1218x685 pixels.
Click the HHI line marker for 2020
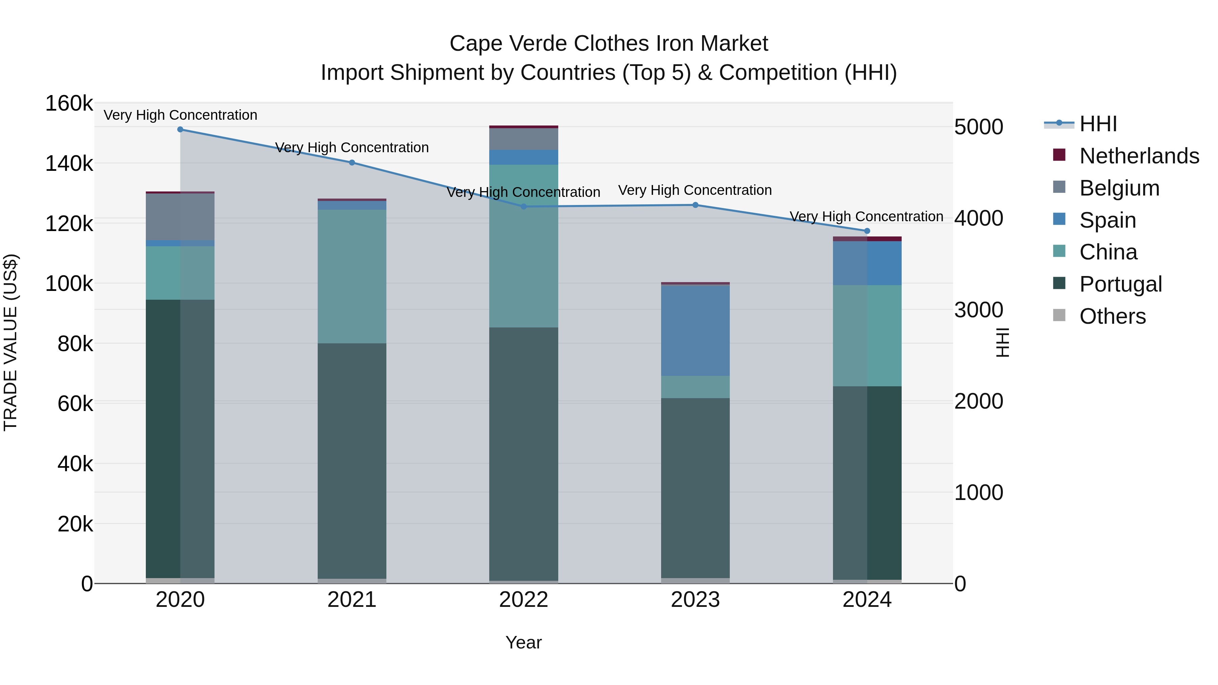(180, 130)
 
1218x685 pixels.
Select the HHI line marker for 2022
(523, 207)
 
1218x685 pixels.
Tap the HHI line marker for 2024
(867, 231)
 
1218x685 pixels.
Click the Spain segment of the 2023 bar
(695, 330)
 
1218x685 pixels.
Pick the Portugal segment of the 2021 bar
(352, 461)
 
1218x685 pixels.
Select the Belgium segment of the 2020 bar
(180, 216)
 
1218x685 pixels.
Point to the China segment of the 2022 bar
(523, 246)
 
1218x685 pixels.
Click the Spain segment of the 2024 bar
(867, 263)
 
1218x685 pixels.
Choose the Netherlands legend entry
(1139, 156)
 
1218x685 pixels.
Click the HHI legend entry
(1098, 124)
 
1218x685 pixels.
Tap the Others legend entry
(1112, 316)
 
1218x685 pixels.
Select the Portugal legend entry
(1120, 284)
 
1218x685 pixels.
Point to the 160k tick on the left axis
(69, 104)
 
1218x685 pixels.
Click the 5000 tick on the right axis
(978, 127)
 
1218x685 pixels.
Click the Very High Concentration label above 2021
(352, 147)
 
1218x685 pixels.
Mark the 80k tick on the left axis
(75, 344)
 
